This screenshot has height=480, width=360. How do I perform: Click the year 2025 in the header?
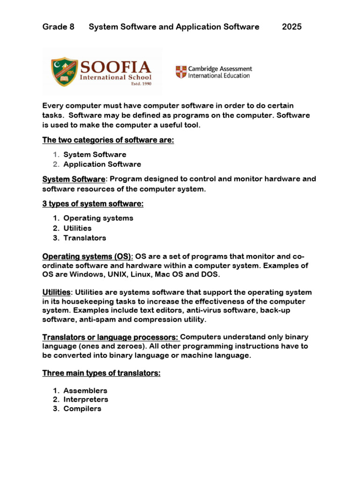coord(292,27)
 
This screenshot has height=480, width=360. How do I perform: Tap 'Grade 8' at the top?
coord(58,27)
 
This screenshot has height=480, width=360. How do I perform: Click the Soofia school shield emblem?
coord(64,71)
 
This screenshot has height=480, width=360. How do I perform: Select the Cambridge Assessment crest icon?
coord(180,72)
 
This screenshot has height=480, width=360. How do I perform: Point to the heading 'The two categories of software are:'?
coord(108,140)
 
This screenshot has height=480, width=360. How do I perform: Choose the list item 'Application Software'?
coord(102,164)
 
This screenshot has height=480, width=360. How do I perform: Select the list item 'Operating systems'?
coord(98,218)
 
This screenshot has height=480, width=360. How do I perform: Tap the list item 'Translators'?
coord(85,238)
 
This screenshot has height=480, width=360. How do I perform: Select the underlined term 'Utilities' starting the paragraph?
coord(56,292)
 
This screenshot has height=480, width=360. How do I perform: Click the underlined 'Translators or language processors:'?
coord(111,337)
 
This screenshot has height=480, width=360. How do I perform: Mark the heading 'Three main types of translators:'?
coord(101,373)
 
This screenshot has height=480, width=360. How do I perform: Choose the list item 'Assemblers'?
coord(85,390)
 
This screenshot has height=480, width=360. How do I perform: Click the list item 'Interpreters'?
coord(86,399)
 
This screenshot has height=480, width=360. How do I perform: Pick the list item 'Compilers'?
coord(82,408)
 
